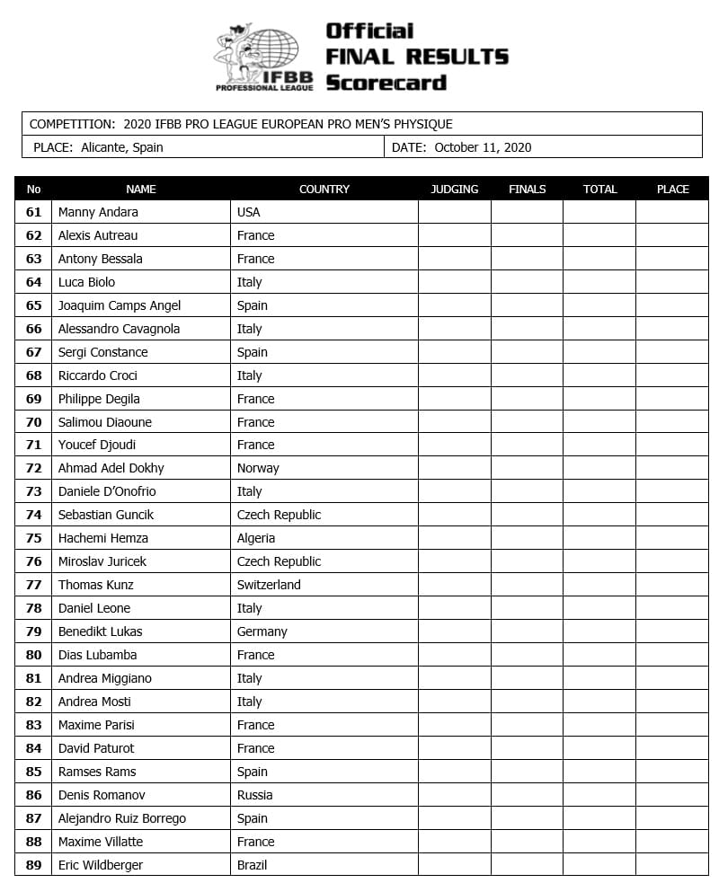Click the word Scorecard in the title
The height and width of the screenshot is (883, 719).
(x=386, y=83)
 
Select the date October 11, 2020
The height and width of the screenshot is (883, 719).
(x=483, y=147)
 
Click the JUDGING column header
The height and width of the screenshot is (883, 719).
(x=455, y=189)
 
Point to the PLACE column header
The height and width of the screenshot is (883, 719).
(x=672, y=189)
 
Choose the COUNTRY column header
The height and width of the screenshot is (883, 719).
(x=324, y=189)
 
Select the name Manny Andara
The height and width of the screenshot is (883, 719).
(x=98, y=212)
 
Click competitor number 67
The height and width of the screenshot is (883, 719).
(x=34, y=352)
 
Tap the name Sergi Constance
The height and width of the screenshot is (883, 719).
(x=102, y=352)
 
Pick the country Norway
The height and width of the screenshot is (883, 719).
(x=258, y=468)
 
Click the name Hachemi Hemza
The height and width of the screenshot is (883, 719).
(x=102, y=538)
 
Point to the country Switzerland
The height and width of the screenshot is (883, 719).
(x=269, y=585)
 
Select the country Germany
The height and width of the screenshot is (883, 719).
(x=262, y=631)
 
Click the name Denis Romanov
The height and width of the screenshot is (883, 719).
(x=102, y=795)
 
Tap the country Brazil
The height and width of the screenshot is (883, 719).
(x=252, y=865)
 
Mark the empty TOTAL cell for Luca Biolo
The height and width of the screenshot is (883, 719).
(x=599, y=282)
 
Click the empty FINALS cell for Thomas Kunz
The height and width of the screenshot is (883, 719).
(x=527, y=585)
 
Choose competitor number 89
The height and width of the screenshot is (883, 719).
(x=34, y=865)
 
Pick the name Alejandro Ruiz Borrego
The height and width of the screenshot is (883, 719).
(x=122, y=818)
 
